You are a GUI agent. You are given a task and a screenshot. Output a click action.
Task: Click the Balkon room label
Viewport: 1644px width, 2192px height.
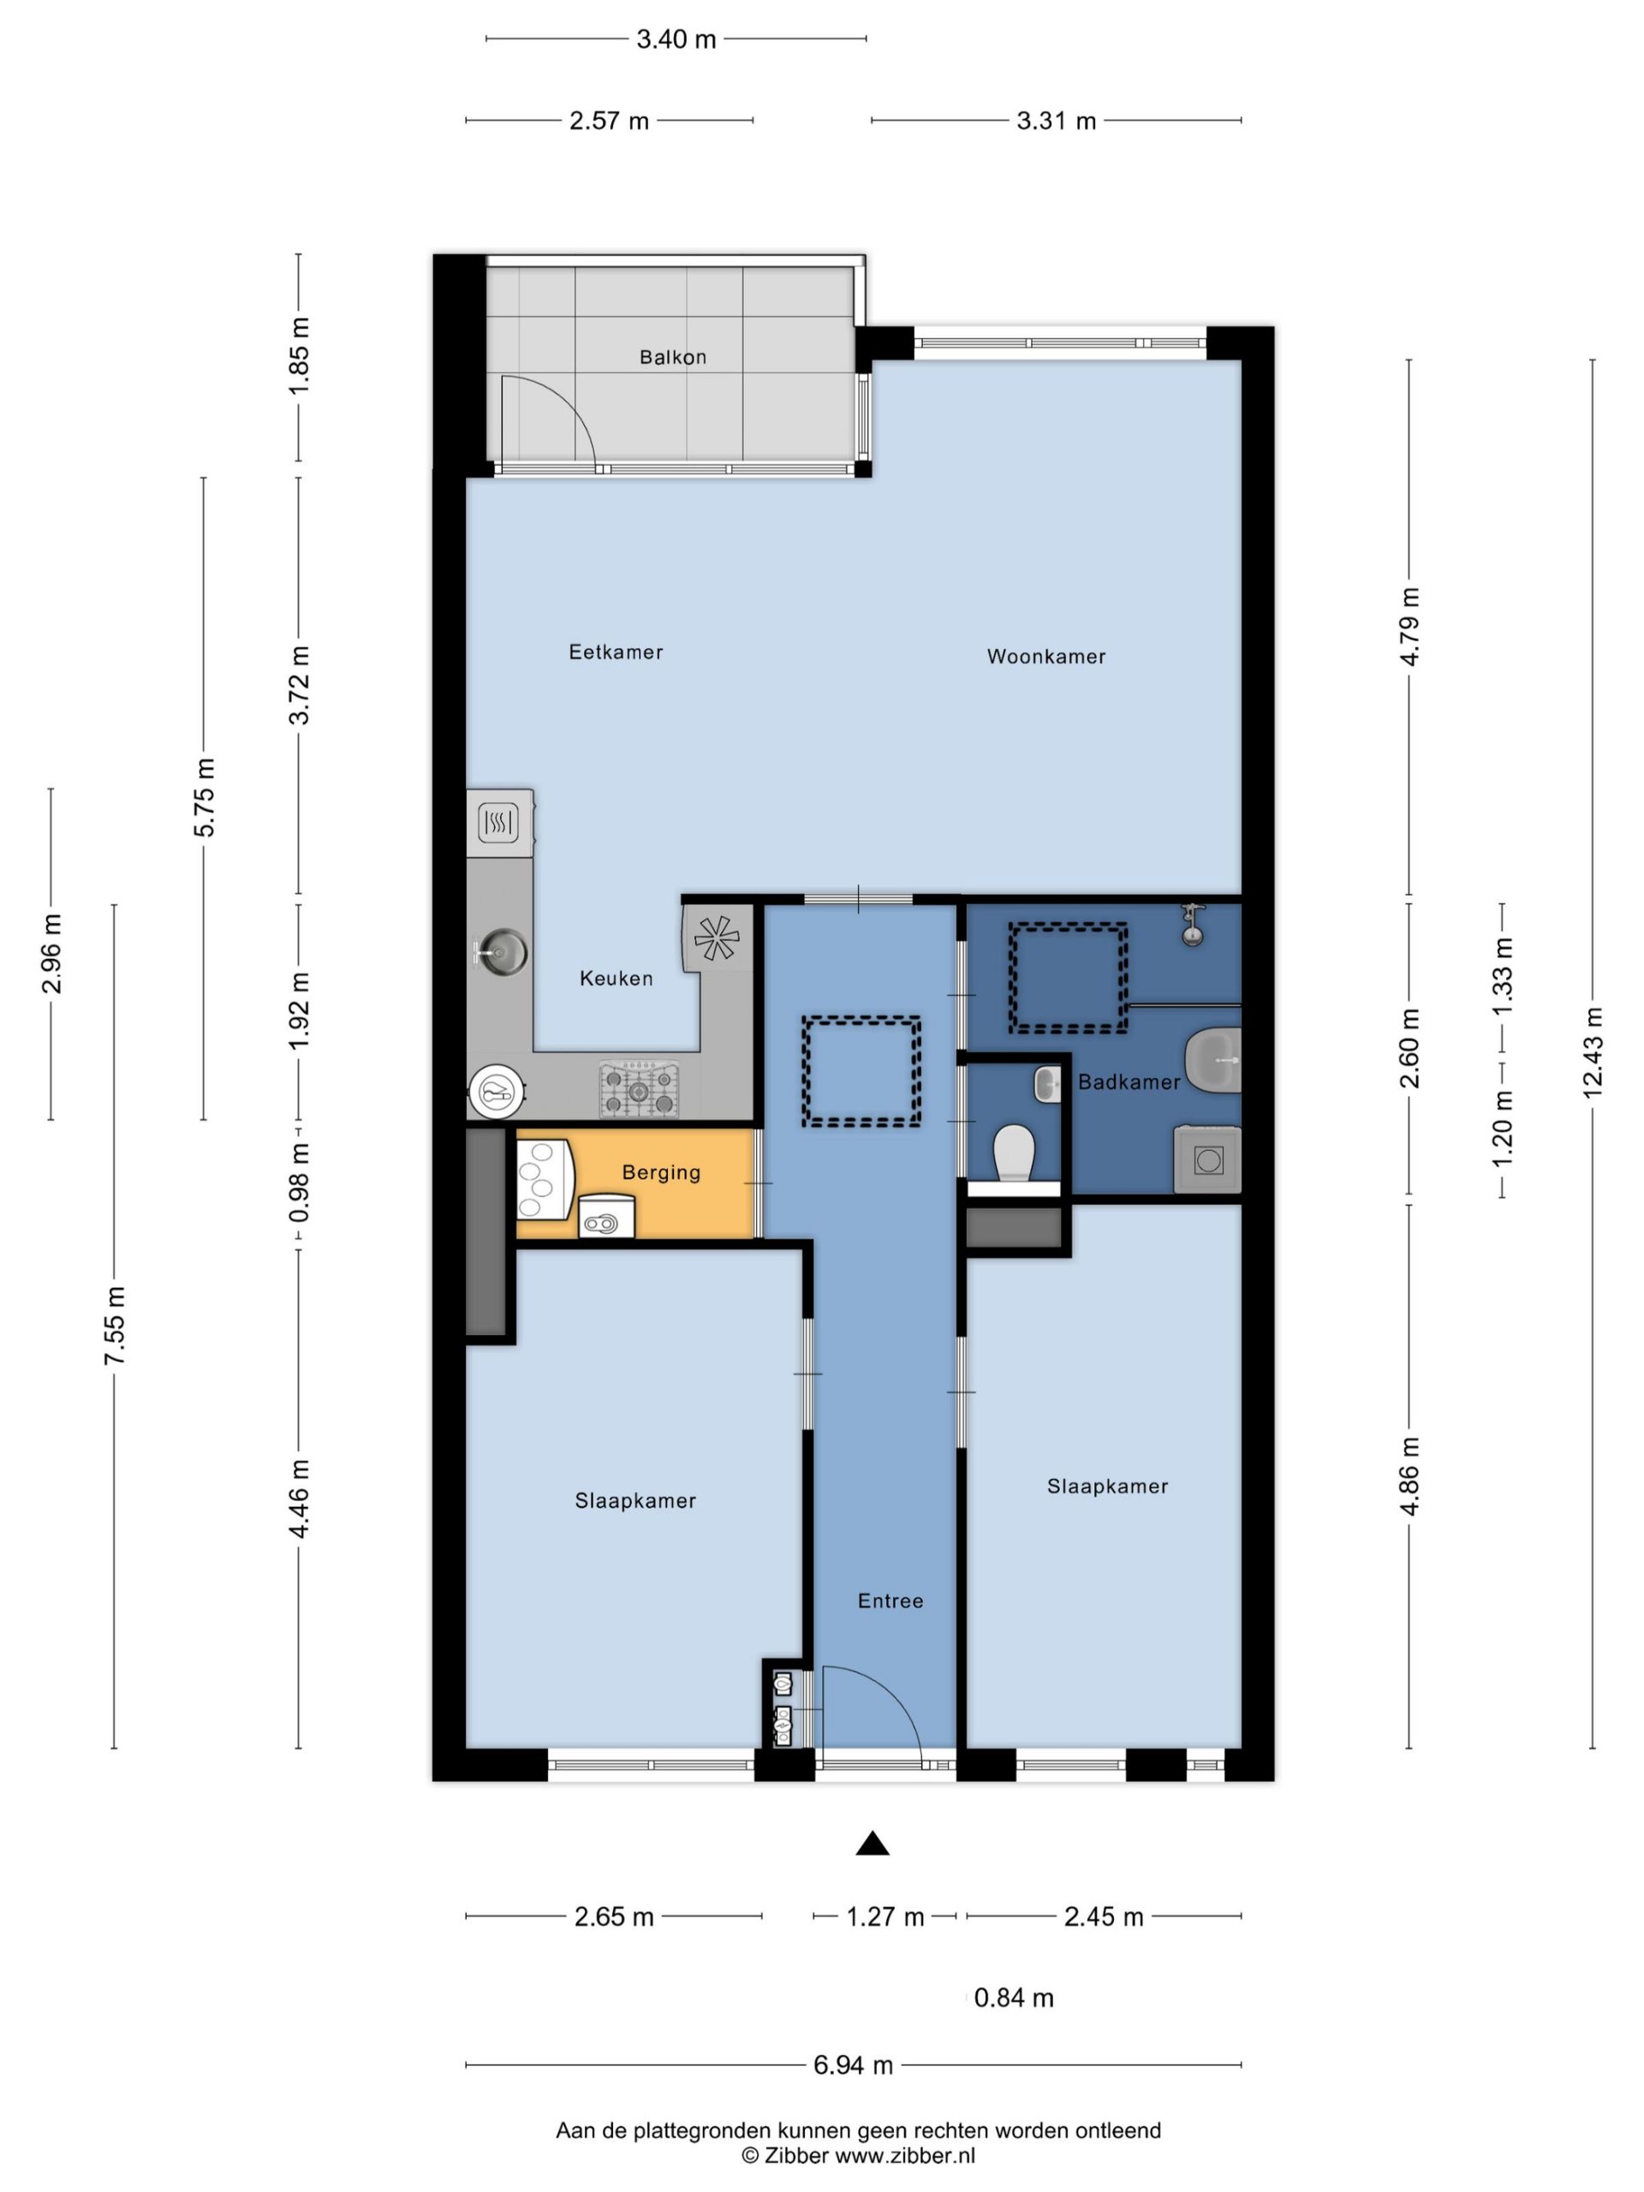pos(672,357)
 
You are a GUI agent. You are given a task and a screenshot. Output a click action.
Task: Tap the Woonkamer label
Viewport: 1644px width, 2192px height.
pos(1045,656)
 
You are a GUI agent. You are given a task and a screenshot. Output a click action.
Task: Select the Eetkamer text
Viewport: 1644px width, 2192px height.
pos(616,652)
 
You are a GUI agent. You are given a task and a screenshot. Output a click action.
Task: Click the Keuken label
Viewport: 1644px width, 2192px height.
pos(616,978)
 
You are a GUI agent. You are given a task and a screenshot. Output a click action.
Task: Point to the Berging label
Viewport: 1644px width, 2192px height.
pos(661,1172)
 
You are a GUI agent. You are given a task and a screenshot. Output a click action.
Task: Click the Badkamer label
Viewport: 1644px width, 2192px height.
pos(1129,1082)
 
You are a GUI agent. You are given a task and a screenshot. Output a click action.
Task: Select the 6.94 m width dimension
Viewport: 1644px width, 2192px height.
pos(852,2065)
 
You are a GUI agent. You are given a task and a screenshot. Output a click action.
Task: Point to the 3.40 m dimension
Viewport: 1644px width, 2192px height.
pos(676,39)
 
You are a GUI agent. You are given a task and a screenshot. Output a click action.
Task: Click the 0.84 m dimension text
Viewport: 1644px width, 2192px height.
pos(1013,1998)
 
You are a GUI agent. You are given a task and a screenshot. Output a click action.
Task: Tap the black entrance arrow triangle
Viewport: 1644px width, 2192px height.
pos(872,1842)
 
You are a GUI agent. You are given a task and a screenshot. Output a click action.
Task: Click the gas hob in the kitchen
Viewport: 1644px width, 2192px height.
pos(639,1089)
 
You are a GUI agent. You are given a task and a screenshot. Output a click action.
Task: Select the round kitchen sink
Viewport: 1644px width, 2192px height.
pos(503,952)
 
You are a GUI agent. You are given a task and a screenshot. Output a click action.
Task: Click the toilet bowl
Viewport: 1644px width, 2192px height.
pos(1014,1153)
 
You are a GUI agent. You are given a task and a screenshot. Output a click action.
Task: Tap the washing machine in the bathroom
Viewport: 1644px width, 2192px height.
pos(1207,1159)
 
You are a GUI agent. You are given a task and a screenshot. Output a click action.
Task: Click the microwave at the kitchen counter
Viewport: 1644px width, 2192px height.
pos(499,823)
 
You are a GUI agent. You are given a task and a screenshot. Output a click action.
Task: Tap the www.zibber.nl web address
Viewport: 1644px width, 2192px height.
pos(905,2155)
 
